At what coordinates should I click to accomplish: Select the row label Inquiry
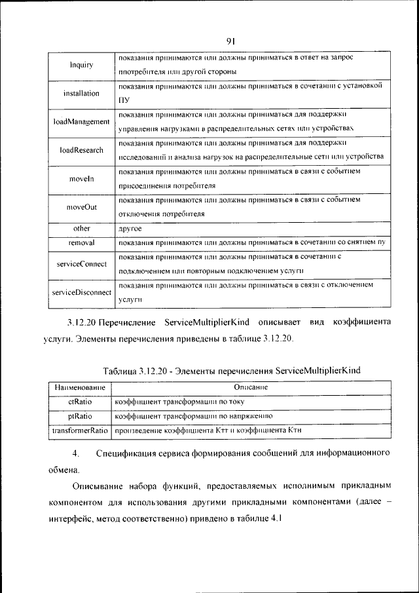tap(81, 65)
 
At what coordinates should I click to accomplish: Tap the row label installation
tap(81, 93)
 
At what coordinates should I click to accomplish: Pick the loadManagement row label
tap(81, 122)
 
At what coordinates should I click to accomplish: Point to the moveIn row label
tap(81, 179)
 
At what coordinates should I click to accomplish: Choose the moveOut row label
tap(81, 207)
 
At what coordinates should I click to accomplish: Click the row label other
tap(81, 229)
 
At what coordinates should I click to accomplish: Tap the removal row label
tap(81, 242)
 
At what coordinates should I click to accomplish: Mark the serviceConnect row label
tap(81, 263)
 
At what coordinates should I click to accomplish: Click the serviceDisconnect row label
tap(81, 292)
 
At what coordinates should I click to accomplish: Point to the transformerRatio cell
tap(80, 430)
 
